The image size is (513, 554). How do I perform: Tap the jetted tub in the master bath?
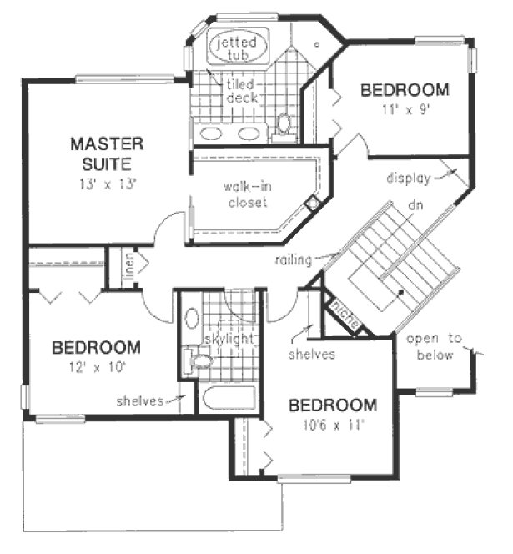click(239, 47)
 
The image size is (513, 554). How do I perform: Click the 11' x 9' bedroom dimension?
click(405, 108)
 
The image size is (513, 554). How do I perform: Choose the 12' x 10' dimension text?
click(95, 365)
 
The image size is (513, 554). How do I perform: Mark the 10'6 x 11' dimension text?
click(332, 425)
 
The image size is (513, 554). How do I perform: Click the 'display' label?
click(408, 178)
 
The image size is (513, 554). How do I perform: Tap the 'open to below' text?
click(430, 347)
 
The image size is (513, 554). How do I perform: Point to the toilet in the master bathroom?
click(284, 124)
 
